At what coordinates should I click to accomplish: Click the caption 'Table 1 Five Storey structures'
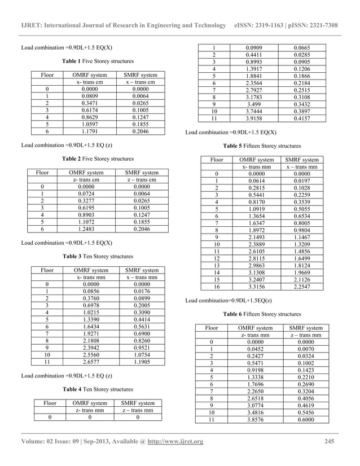coord(98,61)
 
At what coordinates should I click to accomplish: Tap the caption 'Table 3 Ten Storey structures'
coord(98,256)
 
